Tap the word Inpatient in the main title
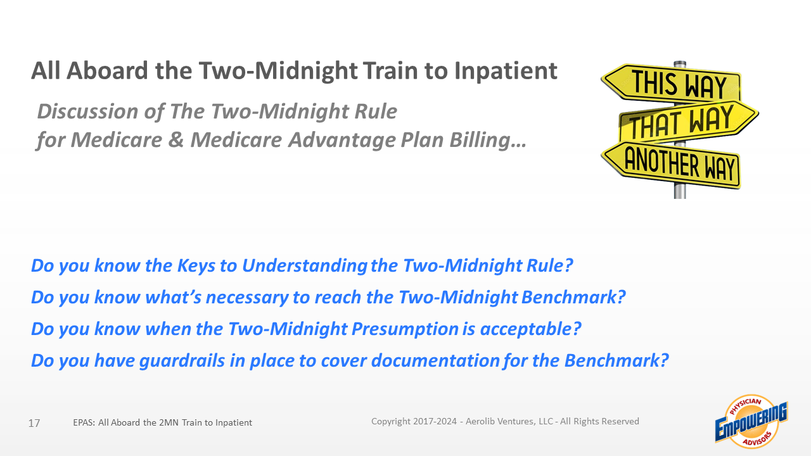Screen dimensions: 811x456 [506, 72]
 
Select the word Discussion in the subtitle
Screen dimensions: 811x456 [87, 111]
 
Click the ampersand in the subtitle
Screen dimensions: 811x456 [176, 140]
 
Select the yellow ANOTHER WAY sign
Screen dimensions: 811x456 [672, 165]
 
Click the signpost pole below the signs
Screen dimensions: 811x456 [680, 192]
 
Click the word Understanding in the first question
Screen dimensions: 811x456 [305, 266]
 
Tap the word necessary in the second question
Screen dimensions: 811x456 [247, 298]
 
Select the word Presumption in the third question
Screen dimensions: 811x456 [405, 329]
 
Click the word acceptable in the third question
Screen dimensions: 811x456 [530, 329]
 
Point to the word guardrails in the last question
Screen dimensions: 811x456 [182, 361]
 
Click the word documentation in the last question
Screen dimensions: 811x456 [435, 361]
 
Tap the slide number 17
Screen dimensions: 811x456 [34, 423]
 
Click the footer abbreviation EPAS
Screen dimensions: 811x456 [84, 422]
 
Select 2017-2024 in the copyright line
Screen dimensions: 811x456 [435, 422]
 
